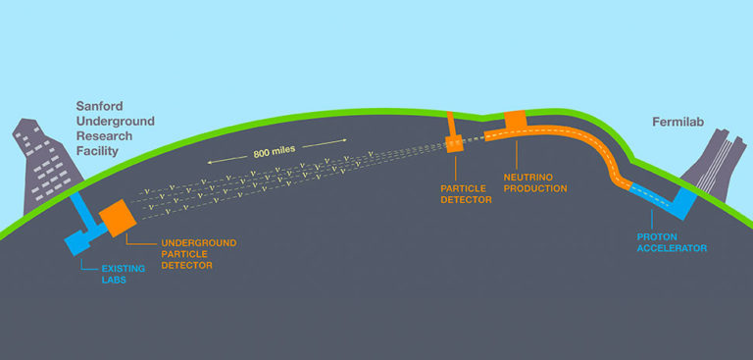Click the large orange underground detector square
tap(116, 216)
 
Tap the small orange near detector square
tap(454, 143)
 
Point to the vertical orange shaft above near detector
tap(451, 124)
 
